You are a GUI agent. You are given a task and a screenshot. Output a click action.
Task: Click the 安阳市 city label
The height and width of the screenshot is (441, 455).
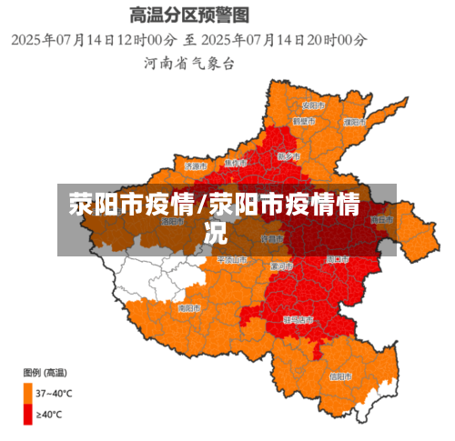pos(314,102)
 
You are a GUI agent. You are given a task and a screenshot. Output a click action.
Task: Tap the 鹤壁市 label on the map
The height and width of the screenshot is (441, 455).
pos(304,120)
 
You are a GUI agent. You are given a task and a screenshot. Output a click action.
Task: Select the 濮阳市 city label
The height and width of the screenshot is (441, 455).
pos(355,121)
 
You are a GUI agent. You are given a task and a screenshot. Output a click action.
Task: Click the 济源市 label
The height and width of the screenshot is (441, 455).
pos(197,166)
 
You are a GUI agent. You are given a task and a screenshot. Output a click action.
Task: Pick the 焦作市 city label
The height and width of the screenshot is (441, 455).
pos(236,162)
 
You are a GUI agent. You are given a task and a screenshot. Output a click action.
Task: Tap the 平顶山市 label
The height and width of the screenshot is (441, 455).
pos(231,260)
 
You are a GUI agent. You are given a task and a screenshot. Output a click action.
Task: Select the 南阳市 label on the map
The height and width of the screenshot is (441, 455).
pos(188,308)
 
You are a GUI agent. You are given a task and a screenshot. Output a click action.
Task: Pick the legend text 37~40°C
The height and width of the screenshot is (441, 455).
pos(53,393)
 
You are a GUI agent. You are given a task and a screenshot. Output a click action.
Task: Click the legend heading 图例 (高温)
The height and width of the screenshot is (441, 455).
pos(45,373)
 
